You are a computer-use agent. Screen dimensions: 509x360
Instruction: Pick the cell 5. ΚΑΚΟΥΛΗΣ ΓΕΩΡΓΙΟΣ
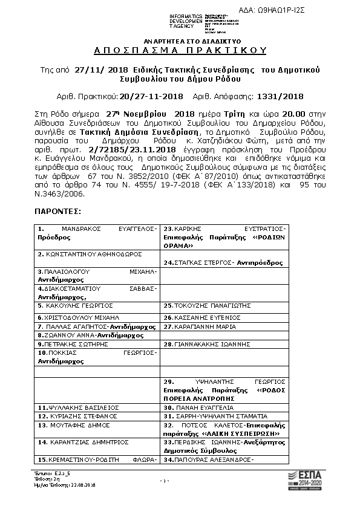[x=76, y=306]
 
